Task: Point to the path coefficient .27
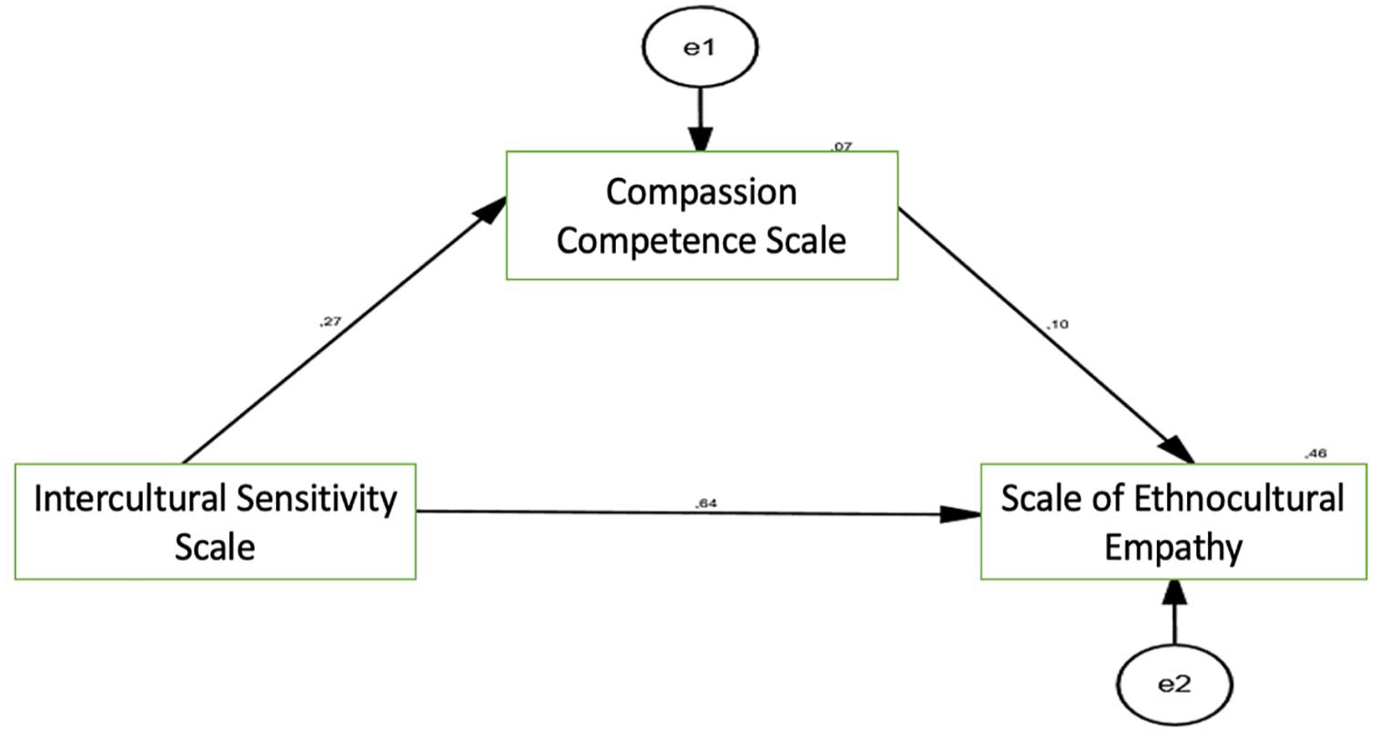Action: pyautogui.click(x=330, y=322)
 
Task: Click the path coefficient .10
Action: pyautogui.click(x=1057, y=323)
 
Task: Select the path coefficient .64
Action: pyautogui.click(x=706, y=503)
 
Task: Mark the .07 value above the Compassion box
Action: pyautogui.click(x=841, y=147)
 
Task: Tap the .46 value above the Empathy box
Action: pyautogui.click(x=1315, y=454)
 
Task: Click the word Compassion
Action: pyautogui.click(x=701, y=192)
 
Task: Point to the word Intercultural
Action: pyautogui.click(x=130, y=498)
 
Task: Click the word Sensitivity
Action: pyautogui.click(x=316, y=499)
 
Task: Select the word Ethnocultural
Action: pyautogui.click(x=1238, y=498)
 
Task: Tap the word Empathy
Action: pyautogui.click(x=1173, y=548)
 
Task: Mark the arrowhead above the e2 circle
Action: pyautogui.click(x=1175, y=592)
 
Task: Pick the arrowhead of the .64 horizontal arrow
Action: pyautogui.click(x=961, y=514)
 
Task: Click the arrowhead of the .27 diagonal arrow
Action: pyautogui.click(x=490, y=211)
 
